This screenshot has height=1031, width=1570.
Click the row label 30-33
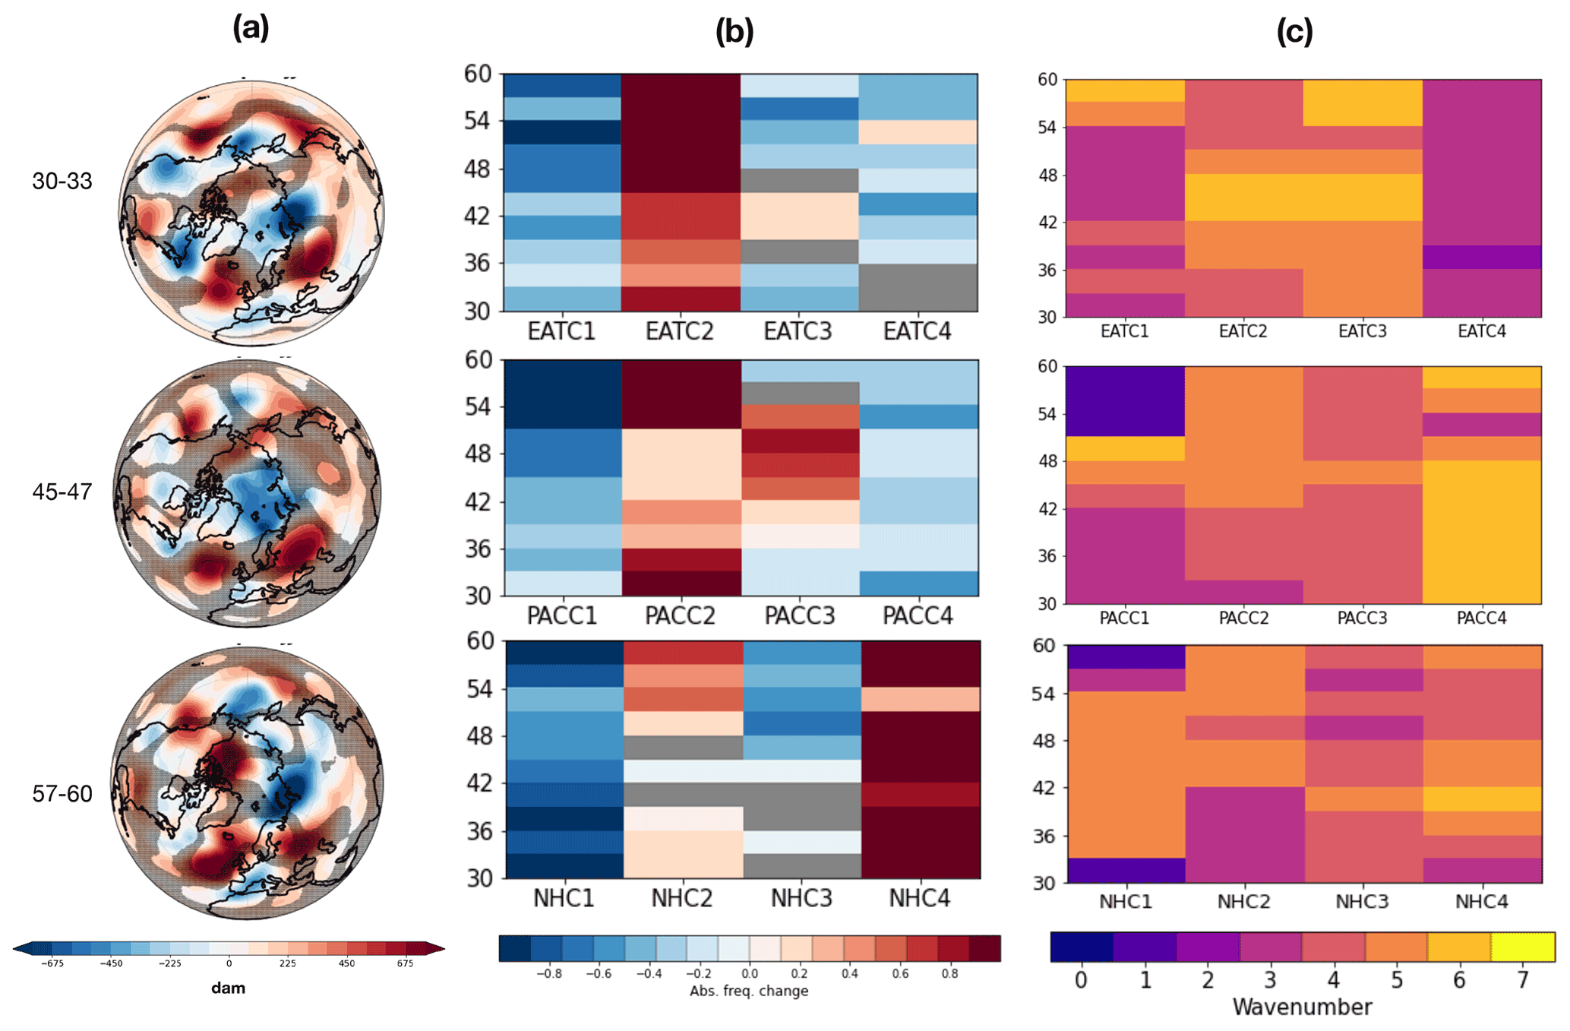[62, 181]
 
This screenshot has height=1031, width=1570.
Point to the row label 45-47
[62, 492]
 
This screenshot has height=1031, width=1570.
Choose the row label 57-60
[62, 793]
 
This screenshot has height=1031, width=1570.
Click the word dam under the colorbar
[228, 988]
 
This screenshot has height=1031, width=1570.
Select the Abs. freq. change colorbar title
[749, 991]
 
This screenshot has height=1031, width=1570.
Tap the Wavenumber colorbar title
[1302, 1007]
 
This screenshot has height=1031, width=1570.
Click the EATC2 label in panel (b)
[680, 331]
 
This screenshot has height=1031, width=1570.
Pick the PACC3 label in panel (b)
[800, 615]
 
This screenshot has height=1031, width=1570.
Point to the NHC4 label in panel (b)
[920, 898]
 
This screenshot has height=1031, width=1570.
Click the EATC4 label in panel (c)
[1481, 331]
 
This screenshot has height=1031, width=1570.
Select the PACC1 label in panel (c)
[1125, 618]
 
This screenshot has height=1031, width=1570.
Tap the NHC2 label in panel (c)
[1243, 901]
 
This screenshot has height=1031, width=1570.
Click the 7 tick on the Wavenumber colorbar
[1522, 980]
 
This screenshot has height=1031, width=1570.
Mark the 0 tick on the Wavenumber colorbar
[1081, 980]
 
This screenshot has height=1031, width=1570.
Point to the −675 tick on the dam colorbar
[52, 963]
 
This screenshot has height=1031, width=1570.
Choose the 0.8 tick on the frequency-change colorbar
[949, 974]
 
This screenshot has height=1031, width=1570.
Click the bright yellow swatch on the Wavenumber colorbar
[1523, 947]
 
